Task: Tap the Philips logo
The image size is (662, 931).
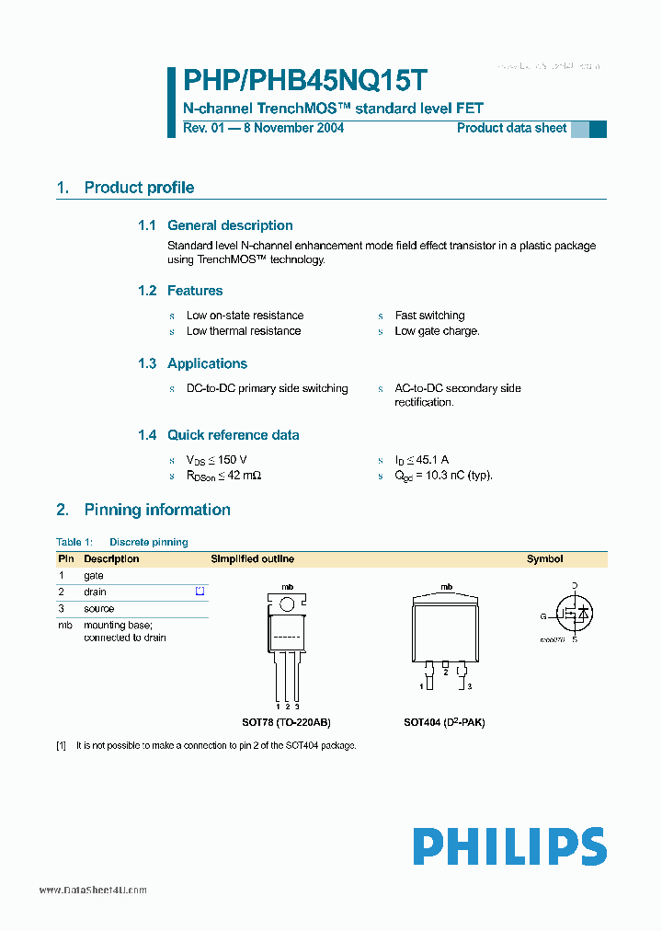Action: (508, 845)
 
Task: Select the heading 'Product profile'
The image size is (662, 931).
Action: (139, 188)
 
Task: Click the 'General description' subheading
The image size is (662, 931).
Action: (230, 225)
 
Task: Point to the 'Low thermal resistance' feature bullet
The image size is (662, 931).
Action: (244, 331)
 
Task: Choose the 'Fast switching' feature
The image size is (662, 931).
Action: (429, 316)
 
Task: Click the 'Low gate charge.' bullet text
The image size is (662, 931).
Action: (437, 331)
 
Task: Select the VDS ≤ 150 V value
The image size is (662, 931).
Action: (217, 460)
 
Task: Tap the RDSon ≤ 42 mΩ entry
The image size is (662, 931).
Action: (224, 476)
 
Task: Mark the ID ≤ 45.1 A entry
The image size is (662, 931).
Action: (421, 460)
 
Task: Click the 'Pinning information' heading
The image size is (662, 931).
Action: (157, 510)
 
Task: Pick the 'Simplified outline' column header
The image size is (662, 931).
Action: (253, 558)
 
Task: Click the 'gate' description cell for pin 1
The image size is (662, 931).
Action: (94, 575)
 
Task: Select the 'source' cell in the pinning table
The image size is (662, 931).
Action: (99, 608)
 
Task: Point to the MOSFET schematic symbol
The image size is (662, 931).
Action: (572, 612)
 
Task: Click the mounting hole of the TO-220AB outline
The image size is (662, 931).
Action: (287, 604)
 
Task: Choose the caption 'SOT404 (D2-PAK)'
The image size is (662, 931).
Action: (444, 722)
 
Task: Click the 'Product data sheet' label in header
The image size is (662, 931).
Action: (511, 128)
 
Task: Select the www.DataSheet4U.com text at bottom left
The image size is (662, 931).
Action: (93, 891)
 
